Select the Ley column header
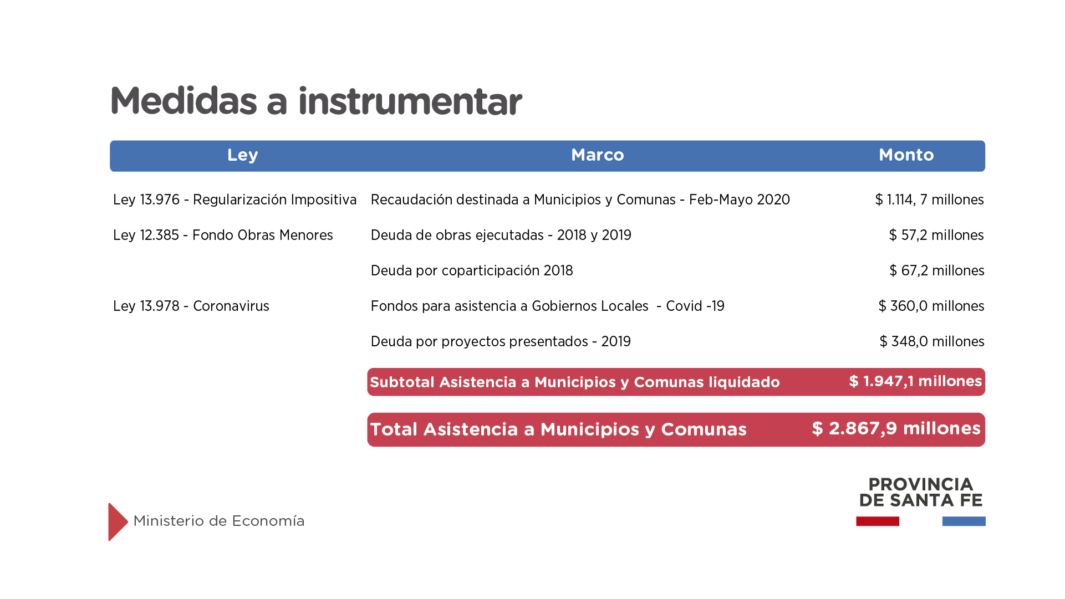point(242,155)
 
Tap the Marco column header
point(598,155)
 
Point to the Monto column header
point(906,155)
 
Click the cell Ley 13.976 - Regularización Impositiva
point(235,199)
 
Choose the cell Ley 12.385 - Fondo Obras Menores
point(223,235)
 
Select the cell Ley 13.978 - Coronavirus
point(191,306)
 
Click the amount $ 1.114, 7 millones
point(929,199)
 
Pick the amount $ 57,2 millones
point(936,235)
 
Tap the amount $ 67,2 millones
point(937,270)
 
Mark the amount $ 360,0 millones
point(931,306)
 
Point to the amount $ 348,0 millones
point(932,341)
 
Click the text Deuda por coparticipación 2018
point(472,270)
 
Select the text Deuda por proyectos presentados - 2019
point(501,341)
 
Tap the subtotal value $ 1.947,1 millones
point(915,381)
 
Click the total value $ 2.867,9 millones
point(896,428)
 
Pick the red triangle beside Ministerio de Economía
point(118,522)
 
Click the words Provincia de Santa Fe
point(921,492)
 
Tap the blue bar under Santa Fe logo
point(964,521)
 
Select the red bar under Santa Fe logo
point(878,521)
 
